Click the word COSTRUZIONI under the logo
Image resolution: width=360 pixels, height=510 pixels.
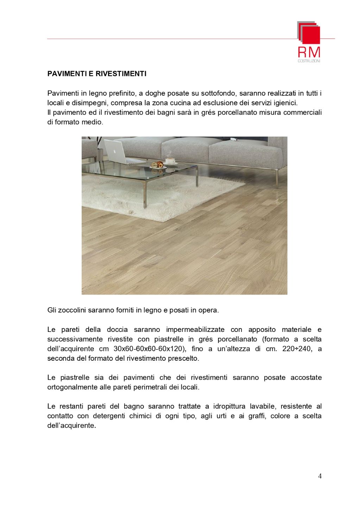pos(309,61)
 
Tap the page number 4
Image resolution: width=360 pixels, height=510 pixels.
pos(320,476)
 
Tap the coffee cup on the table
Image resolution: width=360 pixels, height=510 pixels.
pos(171,160)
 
